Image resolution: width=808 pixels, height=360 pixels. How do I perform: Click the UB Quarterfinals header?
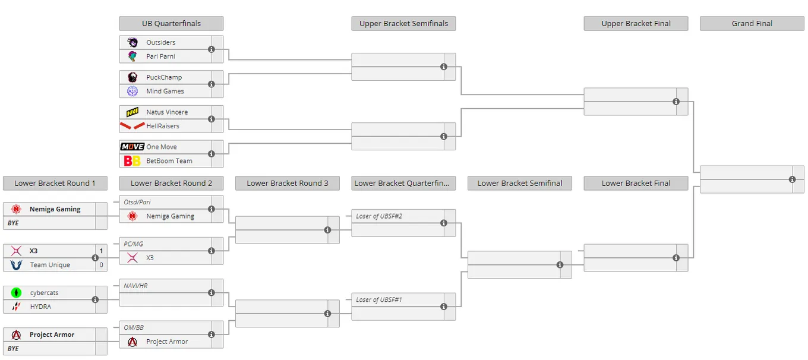pos(171,23)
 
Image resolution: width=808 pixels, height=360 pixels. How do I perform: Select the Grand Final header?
pos(752,23)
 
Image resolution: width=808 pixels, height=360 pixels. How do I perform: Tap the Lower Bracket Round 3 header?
pos(288,183)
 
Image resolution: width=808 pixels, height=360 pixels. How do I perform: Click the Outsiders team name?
pos(161,42)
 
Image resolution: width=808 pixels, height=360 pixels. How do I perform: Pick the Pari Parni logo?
pos(132,56)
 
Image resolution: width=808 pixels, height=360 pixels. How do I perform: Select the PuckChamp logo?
pos(132,77)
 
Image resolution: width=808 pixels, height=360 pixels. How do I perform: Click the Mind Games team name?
pos(165,91)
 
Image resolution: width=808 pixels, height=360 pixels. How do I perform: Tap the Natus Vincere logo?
pos(132,112)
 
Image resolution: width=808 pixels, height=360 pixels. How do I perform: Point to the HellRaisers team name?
pos(163,126)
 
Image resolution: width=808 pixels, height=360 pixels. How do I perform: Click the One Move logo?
pos(132,147)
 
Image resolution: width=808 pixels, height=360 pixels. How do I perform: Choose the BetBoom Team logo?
pos(132,161)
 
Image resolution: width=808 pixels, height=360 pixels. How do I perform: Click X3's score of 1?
pos(102,251)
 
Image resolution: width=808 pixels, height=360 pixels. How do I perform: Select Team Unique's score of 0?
pos(102,265)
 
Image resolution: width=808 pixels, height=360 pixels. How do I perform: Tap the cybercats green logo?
pos(16,292)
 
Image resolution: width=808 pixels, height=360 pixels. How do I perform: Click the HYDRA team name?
pos(40,307)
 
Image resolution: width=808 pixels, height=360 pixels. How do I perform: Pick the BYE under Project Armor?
pos(13,349)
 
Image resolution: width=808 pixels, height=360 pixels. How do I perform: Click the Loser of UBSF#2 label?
pos(379,216)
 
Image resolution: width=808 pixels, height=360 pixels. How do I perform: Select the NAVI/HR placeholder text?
pos(135,286)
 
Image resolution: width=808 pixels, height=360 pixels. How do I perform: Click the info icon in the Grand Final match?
pos(792,179)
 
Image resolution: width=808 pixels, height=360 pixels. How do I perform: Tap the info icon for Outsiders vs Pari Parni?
pos(212,49)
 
